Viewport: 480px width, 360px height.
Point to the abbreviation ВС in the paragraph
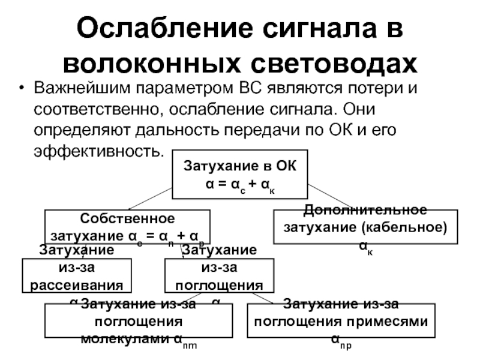click(x=252, y=89)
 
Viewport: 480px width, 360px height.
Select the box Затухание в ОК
click(x=239, y=174)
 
